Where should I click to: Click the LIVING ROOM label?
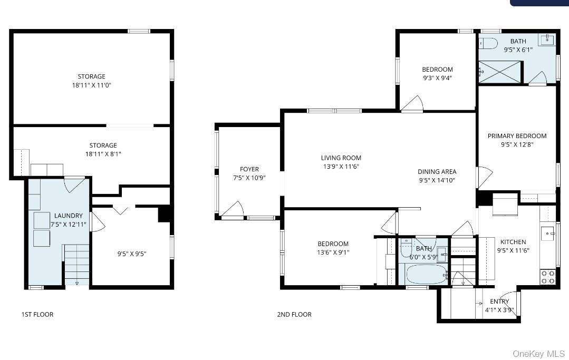(x=341, y=158)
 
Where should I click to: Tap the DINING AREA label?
(x=437, y=171)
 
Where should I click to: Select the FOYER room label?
(x=249, y=169)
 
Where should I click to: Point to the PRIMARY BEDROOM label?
(x=517, y=136)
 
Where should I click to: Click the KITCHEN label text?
(x=513, y=242)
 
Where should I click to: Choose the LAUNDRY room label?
(x=69, y=216)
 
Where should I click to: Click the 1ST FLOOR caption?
(x=37, y=315)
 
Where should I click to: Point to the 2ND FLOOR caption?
(x=294, y=315)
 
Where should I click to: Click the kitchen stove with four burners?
(x=547, y=277)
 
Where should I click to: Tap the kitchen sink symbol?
(x=547, y=233)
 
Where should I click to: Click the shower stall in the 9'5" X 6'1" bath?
(x=499, y=72)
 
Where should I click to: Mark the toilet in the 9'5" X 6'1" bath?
(x=488, y=43)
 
